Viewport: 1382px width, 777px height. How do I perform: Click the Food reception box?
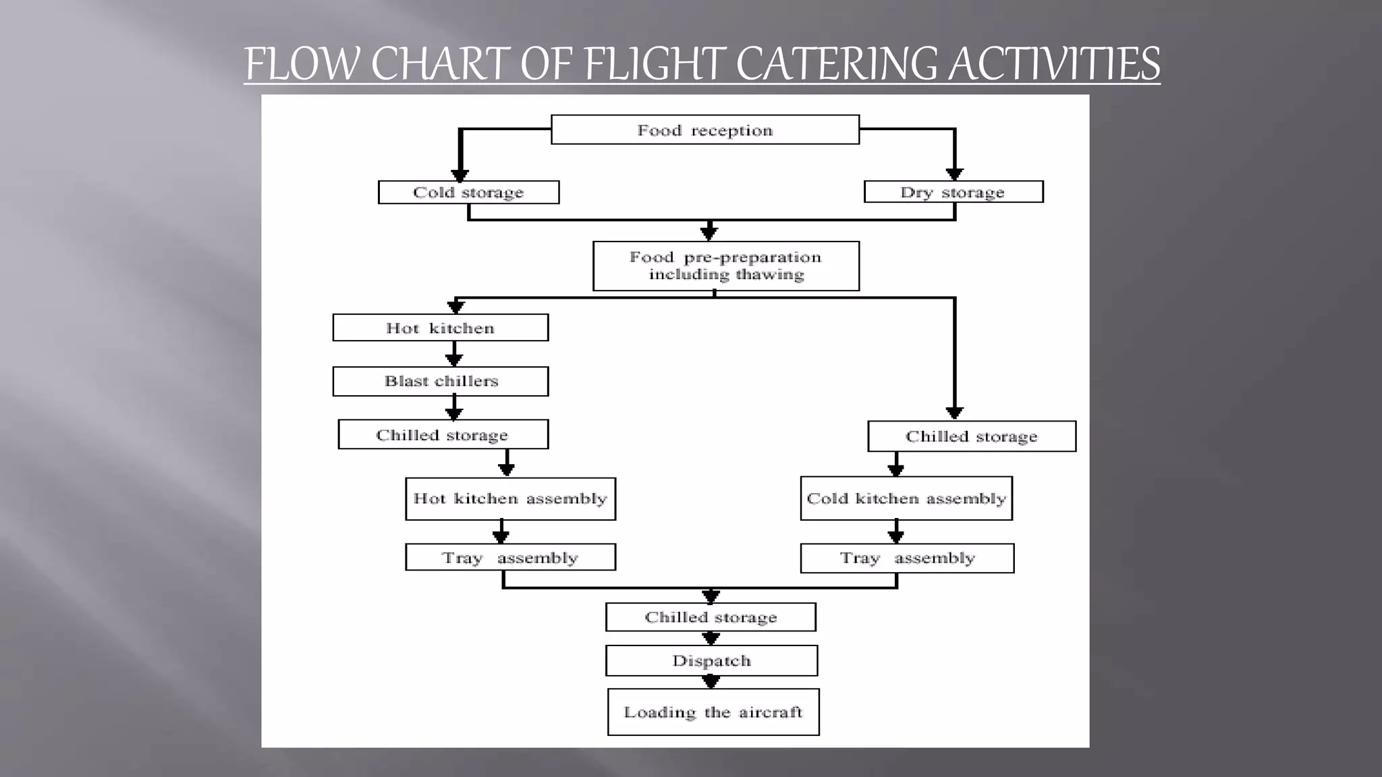(704, 129)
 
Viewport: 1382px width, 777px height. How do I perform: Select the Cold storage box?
(468, 192)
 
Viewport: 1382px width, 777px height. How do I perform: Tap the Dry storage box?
(953, 192)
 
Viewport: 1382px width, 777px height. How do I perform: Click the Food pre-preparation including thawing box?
(725, 266)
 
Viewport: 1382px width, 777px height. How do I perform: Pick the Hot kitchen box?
(440, 328)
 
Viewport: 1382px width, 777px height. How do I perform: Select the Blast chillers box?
(440, 381)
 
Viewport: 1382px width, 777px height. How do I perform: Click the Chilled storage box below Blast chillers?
(443, 435)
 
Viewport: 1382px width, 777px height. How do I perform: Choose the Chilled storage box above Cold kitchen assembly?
(971, 436)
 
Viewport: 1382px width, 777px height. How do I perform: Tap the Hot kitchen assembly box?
(510, 498)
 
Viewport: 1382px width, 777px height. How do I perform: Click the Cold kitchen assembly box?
(906, 498)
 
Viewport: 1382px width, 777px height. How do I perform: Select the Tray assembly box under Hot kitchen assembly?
(510, 557)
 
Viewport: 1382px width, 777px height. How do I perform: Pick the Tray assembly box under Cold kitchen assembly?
(906, 558)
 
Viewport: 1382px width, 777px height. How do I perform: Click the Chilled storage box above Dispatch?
(711, 617)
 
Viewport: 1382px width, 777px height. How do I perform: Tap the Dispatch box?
(711, 661)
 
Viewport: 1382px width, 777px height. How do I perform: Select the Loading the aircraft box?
(713, 712)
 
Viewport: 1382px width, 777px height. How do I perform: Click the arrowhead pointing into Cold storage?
(460, 175)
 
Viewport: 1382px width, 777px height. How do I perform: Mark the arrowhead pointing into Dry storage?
(954, 174)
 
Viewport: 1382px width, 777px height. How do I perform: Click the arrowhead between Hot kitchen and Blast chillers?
(454, 359)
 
